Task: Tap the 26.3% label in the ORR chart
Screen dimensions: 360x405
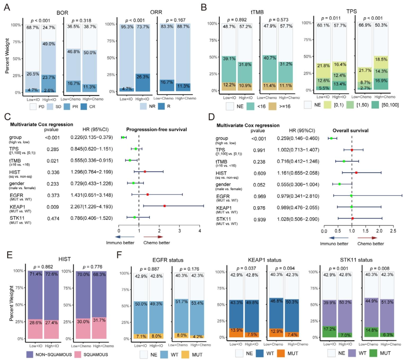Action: coord(143,78)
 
